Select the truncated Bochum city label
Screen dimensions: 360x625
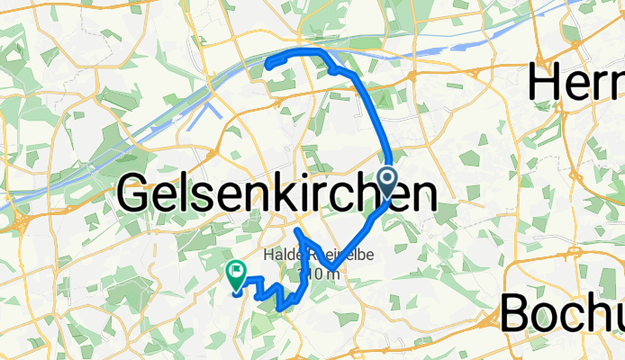coord(561,313)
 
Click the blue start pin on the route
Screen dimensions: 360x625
coord(389,180)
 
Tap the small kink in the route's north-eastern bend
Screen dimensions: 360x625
coord(334,67)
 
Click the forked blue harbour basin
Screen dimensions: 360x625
coord(209,112)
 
